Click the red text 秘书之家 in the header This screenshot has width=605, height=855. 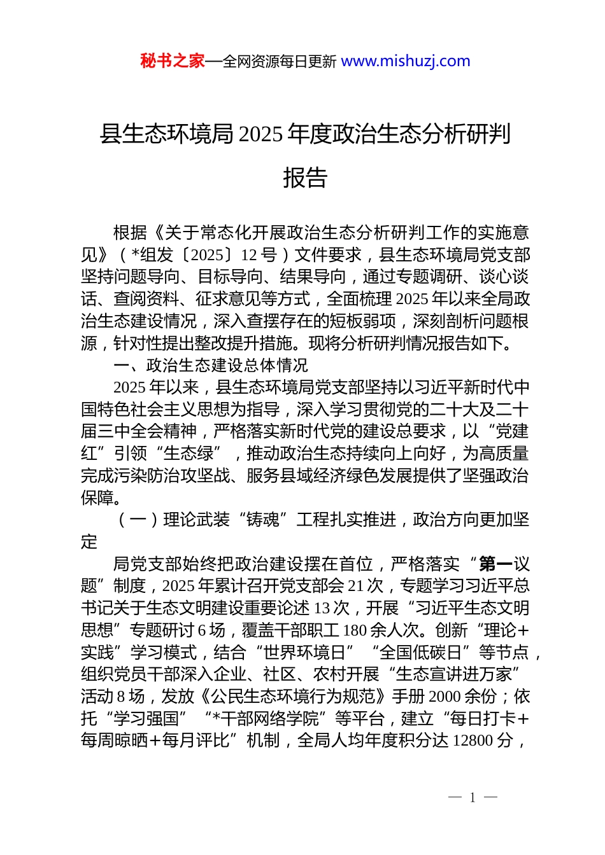(x=173, y=61)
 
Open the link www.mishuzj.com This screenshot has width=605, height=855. (x=406, y=61)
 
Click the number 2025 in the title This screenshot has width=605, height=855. (x=261, y=134)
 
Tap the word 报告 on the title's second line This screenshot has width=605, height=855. (x=305, y=177)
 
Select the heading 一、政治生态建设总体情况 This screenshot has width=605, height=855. (x=211, y=365)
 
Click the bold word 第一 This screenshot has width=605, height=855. (x=495, y=564)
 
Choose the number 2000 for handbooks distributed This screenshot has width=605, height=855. (x=446, y=697)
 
